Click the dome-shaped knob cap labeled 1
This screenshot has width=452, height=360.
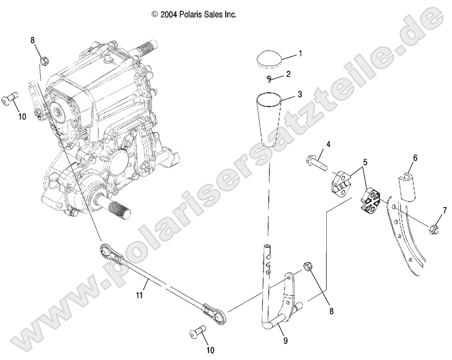coord(270,58)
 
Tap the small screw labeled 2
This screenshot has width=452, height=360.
coord(270,78)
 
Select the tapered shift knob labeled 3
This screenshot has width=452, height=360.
coord(269,119)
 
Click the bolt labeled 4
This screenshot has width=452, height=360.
coord(317,163)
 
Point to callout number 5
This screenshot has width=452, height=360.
coord(365,163)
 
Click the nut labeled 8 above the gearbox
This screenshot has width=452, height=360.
coord(45,60)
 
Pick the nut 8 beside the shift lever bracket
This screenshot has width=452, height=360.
coord(309,267)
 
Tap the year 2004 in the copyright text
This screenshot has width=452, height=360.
coord(168,14)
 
